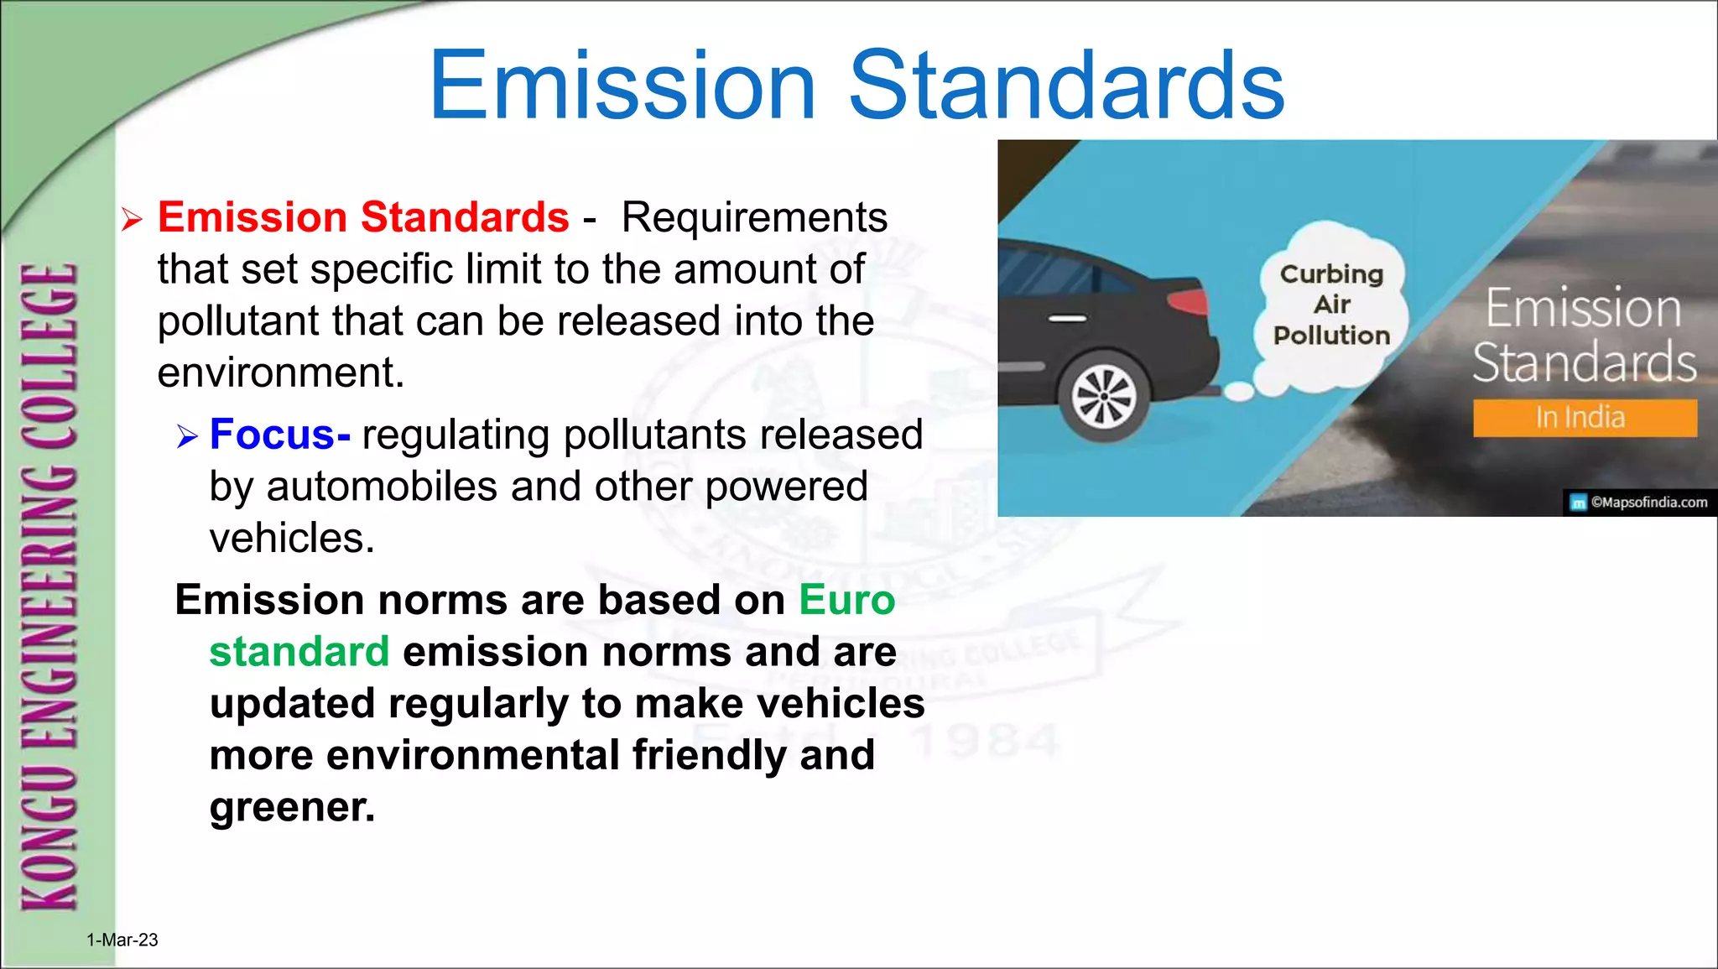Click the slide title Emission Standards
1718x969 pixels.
[856, 86]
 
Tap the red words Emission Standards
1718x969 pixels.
[363, 217]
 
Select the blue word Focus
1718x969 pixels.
[272, 435]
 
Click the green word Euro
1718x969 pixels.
[847, 600]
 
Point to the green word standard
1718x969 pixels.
[299, 652]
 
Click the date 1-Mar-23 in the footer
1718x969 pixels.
[122, 940]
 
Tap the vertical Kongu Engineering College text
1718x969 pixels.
[49, 587]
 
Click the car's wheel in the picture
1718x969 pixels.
[1105, 397]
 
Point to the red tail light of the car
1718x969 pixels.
[1188, 300]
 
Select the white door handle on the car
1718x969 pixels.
[1068, 319]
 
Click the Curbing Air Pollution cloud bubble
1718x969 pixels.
[1331, 305]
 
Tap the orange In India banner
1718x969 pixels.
[1584, 418]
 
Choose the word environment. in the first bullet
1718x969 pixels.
[281, 372]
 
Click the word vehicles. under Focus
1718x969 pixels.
[292, 538]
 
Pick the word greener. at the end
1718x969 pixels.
[292, 807]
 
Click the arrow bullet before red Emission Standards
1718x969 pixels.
[132, 220]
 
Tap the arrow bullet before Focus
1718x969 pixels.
[186, 436]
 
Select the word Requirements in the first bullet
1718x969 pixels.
[754, 217]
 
